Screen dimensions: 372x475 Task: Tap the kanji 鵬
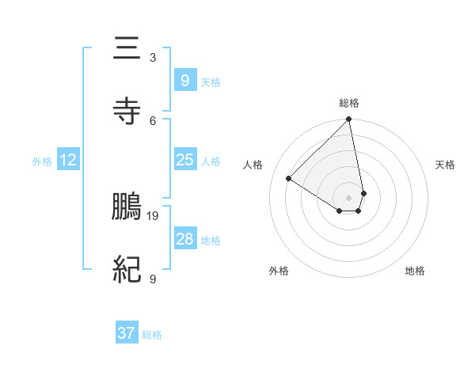127,207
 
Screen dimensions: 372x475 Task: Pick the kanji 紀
127,270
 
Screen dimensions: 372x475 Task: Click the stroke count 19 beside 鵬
154,215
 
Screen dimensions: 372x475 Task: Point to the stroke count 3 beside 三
153,58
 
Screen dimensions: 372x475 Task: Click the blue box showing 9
184,80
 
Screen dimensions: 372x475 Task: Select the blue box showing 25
184,160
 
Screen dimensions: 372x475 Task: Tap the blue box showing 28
184,239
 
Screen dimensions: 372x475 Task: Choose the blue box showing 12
67,161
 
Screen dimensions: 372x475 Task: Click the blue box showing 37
126,333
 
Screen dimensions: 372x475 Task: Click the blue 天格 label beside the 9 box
211,82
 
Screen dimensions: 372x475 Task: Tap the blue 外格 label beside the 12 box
42,161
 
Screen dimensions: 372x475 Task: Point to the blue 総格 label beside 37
153,335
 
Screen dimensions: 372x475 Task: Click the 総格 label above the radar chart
349,103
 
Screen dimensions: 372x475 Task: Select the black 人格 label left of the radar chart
253,165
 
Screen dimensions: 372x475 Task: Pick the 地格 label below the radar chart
415,271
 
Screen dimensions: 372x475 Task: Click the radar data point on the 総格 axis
349,120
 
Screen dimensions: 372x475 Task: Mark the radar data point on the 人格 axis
289,179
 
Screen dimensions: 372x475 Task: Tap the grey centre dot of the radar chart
349,197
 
